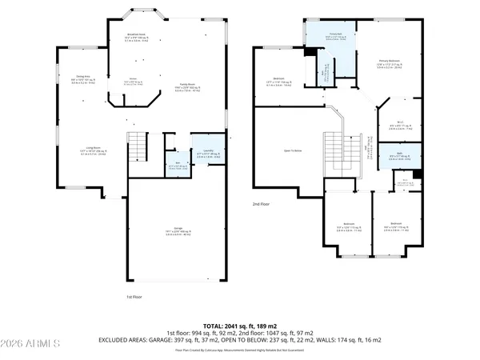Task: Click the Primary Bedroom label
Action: tap(388, 61)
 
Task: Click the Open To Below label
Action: tap(286, 150)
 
